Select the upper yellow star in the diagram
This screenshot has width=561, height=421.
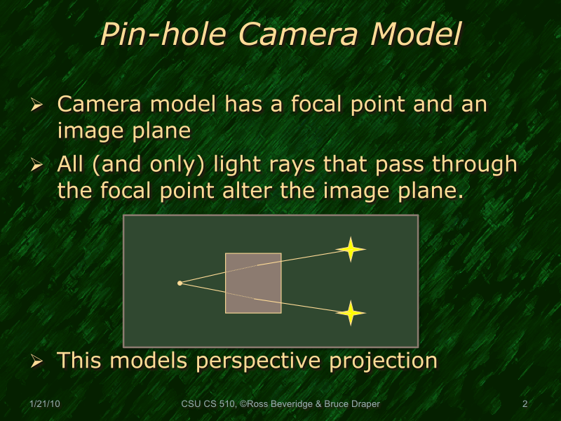pyautogui.click(x=350, y=249)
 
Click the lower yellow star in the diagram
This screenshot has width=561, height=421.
pyautogui.click(x=351, y=313)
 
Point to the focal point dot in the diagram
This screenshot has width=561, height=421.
pyautogui.click(x=180, y=283)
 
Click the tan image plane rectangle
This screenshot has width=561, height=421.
pyautogui.click(x=253, y=283)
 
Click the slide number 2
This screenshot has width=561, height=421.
pyautogui.click(x=525, y=404)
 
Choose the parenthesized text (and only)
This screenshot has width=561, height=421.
pyautogui.click(x=147, y=166)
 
